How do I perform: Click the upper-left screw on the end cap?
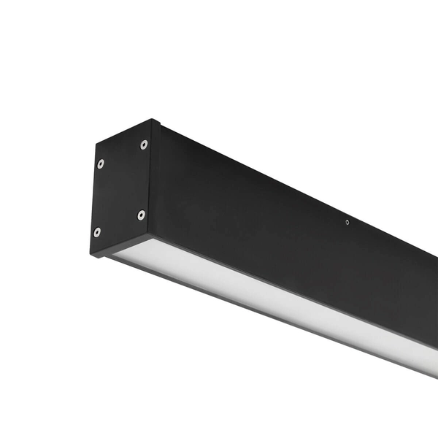click(x=100, y=163)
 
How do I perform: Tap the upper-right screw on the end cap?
click(x=144, y=145)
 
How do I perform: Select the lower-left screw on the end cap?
click(x=97, y=232)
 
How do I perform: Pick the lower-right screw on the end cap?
click(x=141, y=215)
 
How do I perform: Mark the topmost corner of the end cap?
click(x=153, y=120)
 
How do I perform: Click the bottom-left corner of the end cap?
click(x=91, y=256)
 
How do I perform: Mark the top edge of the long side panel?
click(x=292, y=182)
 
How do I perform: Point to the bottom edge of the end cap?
click(x=120, y=247)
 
